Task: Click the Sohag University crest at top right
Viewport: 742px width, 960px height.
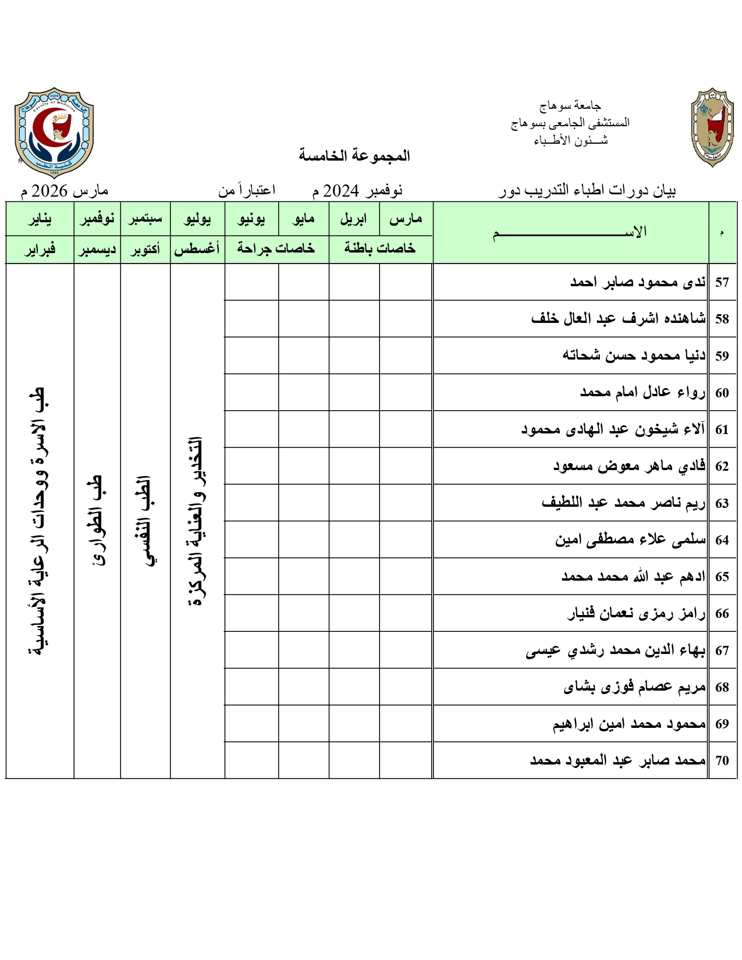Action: (x=712, y=128)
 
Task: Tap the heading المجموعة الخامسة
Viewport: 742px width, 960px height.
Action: (x=354, y=155)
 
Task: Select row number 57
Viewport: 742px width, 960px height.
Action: (x=722, y=282)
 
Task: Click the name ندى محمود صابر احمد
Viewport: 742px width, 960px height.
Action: (x=638, y=282)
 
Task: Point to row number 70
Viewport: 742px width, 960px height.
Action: (x=722, y=760)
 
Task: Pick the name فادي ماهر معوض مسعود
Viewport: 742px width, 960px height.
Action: (x=629, y=466)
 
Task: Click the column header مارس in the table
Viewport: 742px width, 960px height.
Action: (x=406, y=219)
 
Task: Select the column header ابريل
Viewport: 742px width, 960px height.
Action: (x=354, y=219)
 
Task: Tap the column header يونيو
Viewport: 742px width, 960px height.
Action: (x=251, y=219)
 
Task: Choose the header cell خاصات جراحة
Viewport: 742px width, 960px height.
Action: (x=276, y=248)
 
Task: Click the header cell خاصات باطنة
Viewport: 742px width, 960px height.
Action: (x=380, y=248)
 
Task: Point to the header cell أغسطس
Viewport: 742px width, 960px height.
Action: (x=197, y=249)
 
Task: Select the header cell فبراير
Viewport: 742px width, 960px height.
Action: (x=40, y=249)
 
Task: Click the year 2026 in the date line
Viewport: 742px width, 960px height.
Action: (x=49, y=191)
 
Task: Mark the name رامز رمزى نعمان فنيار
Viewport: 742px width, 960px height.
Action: (x=636, y=613)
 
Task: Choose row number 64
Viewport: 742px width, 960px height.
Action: (x=722, y=540)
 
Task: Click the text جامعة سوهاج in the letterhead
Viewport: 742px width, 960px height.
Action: (x=570, y=105)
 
